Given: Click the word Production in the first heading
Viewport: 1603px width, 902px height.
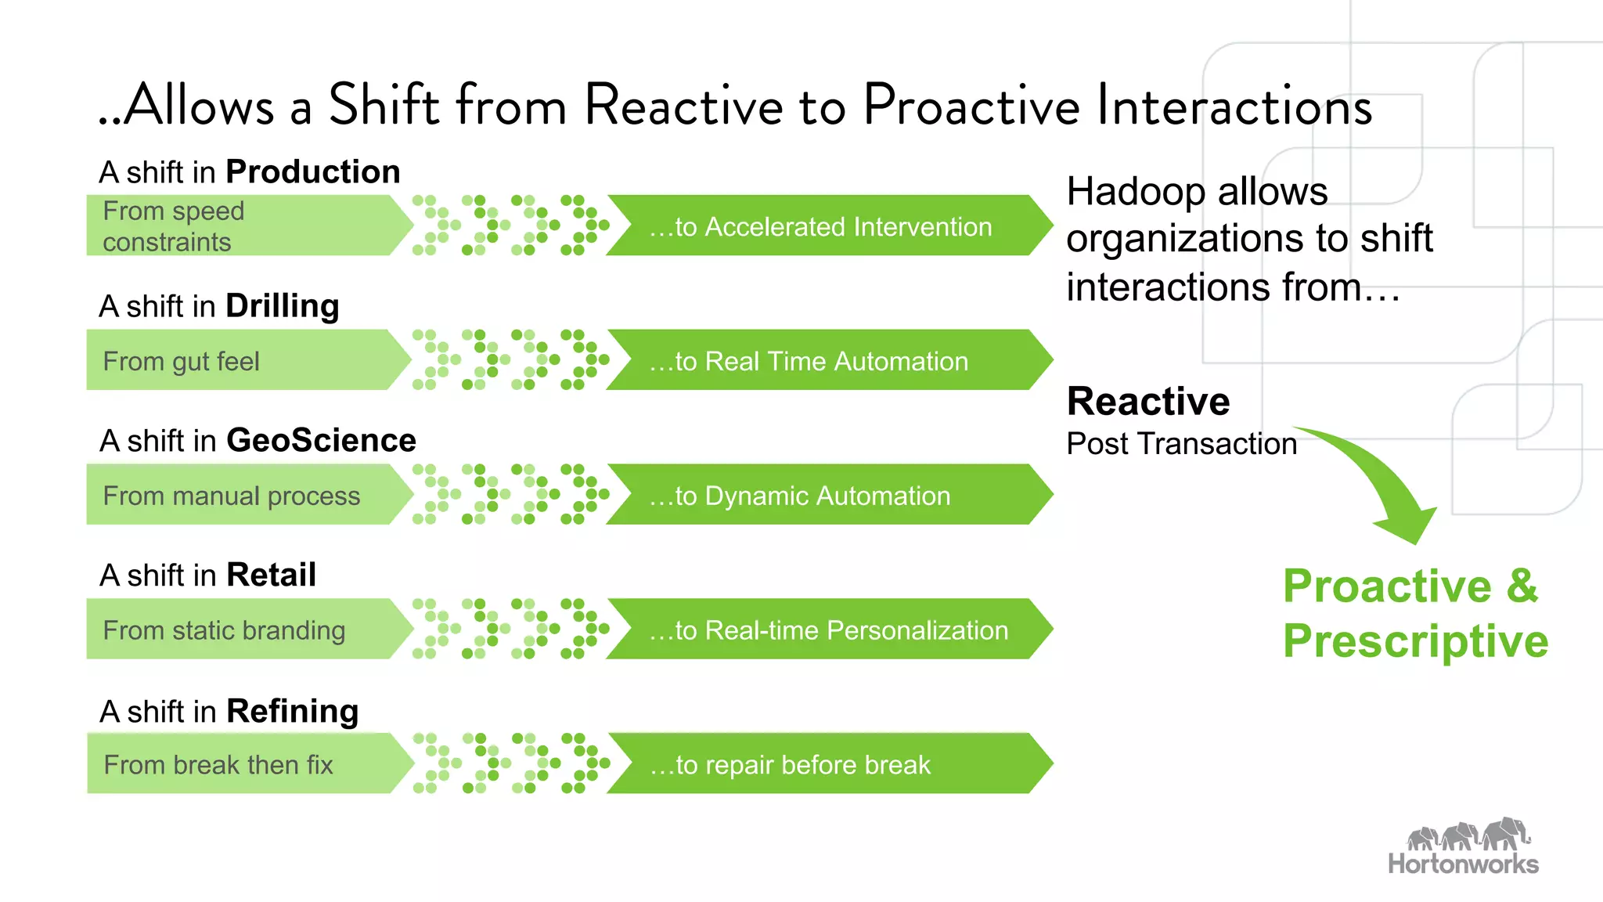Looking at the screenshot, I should click(313, 172).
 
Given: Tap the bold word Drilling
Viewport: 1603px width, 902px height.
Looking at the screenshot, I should click(283, 306).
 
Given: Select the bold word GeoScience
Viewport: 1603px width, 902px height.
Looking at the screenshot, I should click(321, 441).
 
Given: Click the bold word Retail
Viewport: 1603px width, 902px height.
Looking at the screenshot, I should click(271, 575).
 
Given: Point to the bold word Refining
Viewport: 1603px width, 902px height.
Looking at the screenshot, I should click(292, 711).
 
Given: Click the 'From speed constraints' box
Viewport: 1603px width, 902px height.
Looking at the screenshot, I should click(243, 225).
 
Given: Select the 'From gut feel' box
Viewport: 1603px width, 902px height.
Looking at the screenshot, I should click(243, 360).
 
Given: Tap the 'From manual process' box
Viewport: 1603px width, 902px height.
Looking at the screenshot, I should click(243, 495).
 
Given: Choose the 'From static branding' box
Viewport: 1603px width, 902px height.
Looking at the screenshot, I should click(243, 630).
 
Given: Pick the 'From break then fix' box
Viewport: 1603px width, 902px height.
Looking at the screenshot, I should click(243, 764).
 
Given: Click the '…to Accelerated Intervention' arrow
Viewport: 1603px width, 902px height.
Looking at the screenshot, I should click(822, 226).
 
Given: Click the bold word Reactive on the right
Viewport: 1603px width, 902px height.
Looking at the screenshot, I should click(1148, 402).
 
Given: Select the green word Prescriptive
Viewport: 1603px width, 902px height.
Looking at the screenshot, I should click(1415, 641).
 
